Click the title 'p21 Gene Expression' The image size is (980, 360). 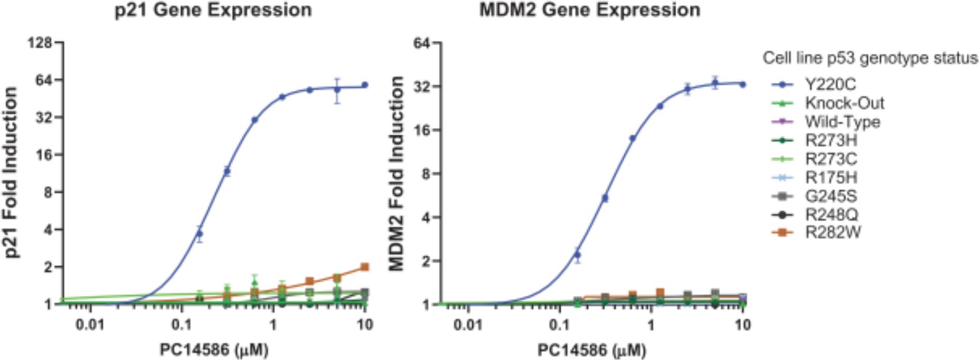(213, 10)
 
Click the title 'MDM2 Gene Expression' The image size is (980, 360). (590, 10)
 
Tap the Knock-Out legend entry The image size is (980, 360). (844, 103)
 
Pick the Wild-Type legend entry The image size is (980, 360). (842, 122)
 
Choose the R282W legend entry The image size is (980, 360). (833, 233)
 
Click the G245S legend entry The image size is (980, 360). (831, 196)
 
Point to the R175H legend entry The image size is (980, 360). (831, 177)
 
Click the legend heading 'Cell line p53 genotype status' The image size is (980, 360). (870, 58)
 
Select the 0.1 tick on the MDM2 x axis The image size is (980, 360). (559, 325)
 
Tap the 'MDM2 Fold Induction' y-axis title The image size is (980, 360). (397, 173)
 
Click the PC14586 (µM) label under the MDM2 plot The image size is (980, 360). (591, 350)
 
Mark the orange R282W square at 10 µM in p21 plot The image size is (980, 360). (365, 267)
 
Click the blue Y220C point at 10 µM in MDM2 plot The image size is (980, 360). (743, 84)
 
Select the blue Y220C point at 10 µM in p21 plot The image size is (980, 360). (365, 85)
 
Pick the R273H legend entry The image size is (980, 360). (831, 140)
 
